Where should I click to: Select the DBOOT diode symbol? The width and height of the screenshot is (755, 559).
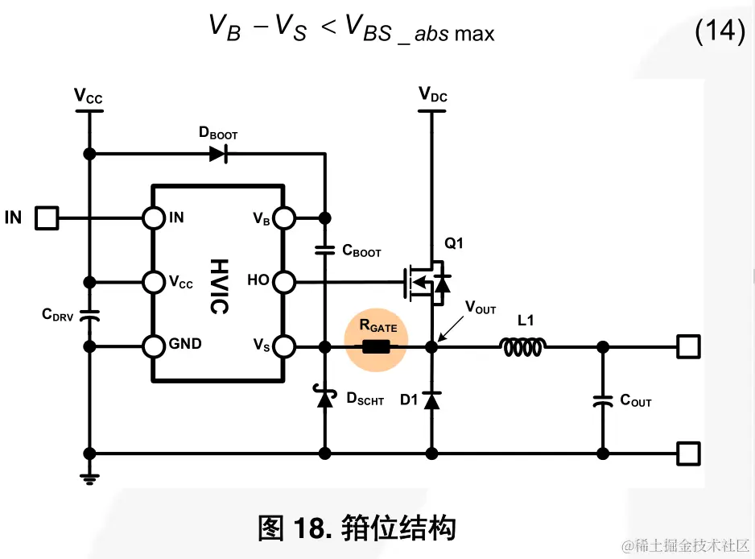217,154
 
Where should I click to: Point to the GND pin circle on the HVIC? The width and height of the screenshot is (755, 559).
154,347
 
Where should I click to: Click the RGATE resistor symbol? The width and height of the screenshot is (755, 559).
377,348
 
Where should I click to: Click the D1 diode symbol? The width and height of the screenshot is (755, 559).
431,399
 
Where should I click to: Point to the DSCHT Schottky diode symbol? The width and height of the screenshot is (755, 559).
325,397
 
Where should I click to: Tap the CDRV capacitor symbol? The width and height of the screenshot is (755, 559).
90,315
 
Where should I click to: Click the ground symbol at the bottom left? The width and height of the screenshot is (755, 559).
90,477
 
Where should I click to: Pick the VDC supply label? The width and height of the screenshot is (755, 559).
433,96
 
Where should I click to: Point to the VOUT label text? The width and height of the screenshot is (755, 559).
481,308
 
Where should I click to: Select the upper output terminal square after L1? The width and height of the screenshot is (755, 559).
687,347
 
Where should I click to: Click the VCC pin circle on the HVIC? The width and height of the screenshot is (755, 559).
154,282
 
